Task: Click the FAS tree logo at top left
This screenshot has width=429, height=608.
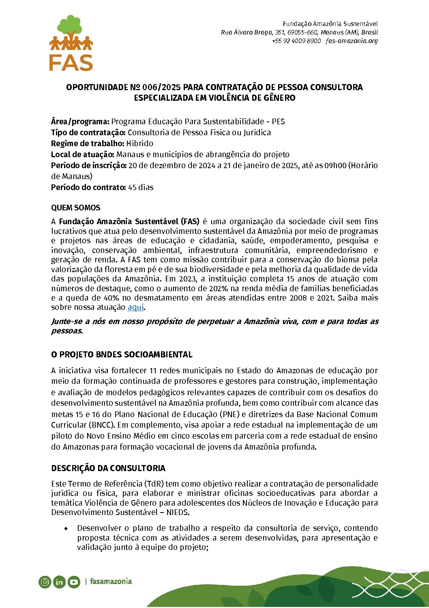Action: pos(71,43)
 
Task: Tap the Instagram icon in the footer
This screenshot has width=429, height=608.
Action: pos(45,582)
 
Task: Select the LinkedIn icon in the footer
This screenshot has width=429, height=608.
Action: pos(59,582)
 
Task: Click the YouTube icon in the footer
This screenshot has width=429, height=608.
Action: pos(74,582)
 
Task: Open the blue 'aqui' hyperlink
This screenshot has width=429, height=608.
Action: pos(135,307)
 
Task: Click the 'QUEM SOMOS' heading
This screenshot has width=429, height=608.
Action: pos(75,208)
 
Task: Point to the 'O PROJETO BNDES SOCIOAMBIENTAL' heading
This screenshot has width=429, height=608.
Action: pos(122,355)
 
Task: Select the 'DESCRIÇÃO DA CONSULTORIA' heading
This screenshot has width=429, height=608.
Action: pos(108,468)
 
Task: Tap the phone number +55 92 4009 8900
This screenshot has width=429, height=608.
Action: pos(296,41)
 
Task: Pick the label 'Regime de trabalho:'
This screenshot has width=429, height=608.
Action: pos(88,143)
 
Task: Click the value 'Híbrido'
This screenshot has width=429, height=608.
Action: pos(140,143)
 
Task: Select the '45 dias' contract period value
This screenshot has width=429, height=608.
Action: pos(141,187)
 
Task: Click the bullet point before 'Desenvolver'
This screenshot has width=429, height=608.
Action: pos(66,528)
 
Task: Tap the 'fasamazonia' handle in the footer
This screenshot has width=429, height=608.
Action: pos(111,582)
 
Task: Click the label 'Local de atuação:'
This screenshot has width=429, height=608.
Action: pos(83,154)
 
